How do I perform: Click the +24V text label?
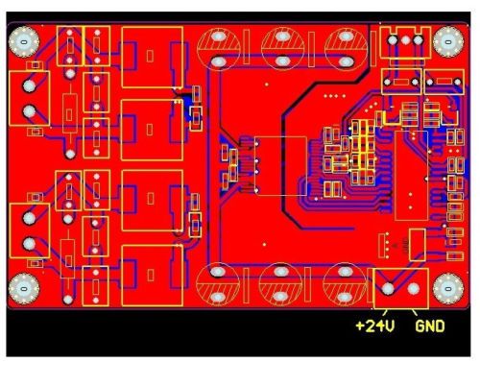(x=375, y=326)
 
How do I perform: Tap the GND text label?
(x=430, y=327)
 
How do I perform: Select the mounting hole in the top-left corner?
(x=24, y=42)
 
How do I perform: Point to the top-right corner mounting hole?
(x=448, y=42)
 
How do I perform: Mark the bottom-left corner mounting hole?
(x=24, y=289)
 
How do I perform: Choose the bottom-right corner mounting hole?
(x=448, y=289)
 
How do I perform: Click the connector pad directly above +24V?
(x=388, y=289)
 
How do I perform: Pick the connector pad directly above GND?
(x=414, y=289)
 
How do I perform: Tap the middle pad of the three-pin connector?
(x=405, y=40)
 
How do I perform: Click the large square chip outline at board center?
(x=280, y=166)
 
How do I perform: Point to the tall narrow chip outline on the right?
(x=411, y=176)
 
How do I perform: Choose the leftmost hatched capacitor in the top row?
(x=219, y=49)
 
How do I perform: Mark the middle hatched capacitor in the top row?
(x=282, y=49)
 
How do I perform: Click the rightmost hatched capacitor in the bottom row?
(x=345, y=284)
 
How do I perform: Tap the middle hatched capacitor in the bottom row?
(x=280, y=284)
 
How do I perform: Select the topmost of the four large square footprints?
(x=153, y=58)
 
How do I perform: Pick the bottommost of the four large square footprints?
(x=153, y=276)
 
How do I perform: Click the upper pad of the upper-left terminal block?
(x=29, y=85)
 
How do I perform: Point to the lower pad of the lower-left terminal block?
(x=29, y=244)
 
